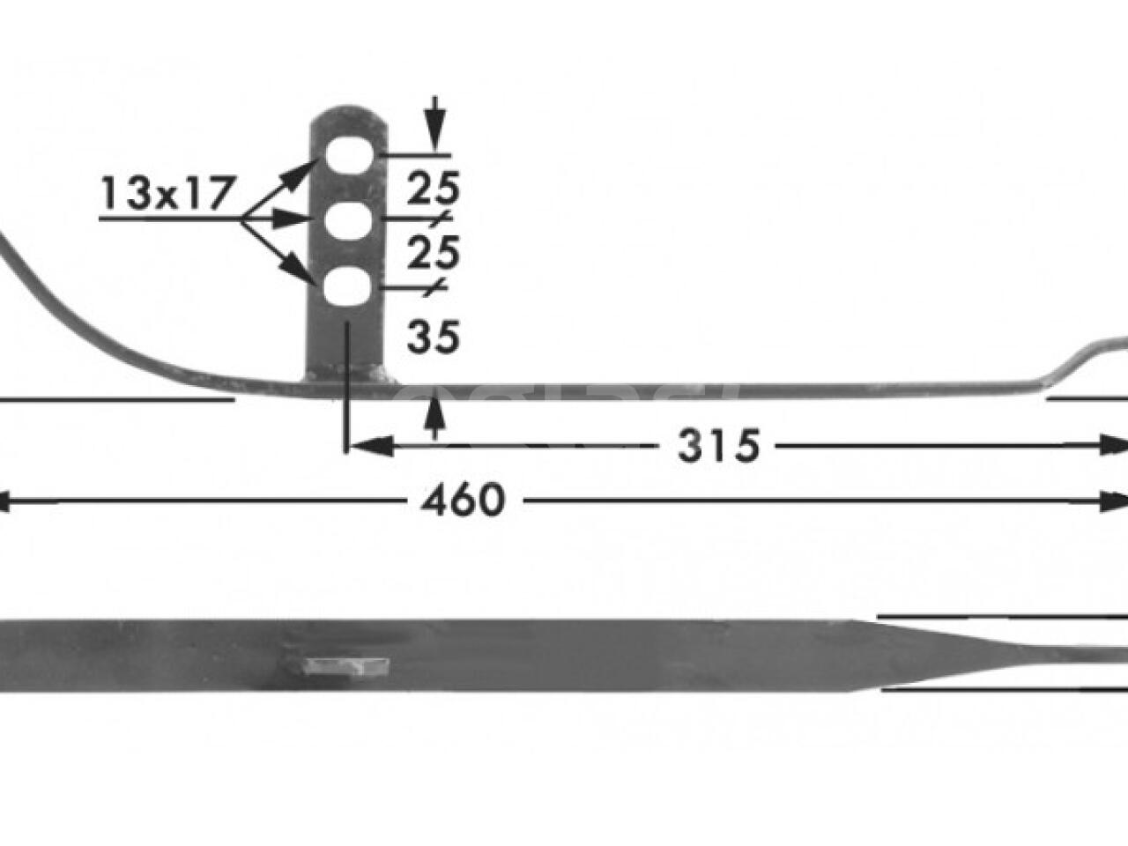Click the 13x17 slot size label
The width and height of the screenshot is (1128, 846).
click(x=167, y=193)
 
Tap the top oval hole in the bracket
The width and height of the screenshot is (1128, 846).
click(x=347, y=156)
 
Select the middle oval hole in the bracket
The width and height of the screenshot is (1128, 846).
click(x=347, y=221)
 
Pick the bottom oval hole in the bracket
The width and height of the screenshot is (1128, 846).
click(x=346, y=288)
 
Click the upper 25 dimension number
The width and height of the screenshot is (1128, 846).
click(x=433, y=188)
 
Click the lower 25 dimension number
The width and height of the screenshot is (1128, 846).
click(x=433, y=254)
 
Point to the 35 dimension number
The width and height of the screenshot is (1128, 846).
click(x=433, y=337)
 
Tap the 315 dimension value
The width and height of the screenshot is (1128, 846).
click(x=718, y=447)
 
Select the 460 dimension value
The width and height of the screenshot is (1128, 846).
click(x=463, y=501)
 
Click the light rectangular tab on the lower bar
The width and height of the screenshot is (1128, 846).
click(x=345, y=665)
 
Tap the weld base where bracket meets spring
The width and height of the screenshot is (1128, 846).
click(x=349, y=378)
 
